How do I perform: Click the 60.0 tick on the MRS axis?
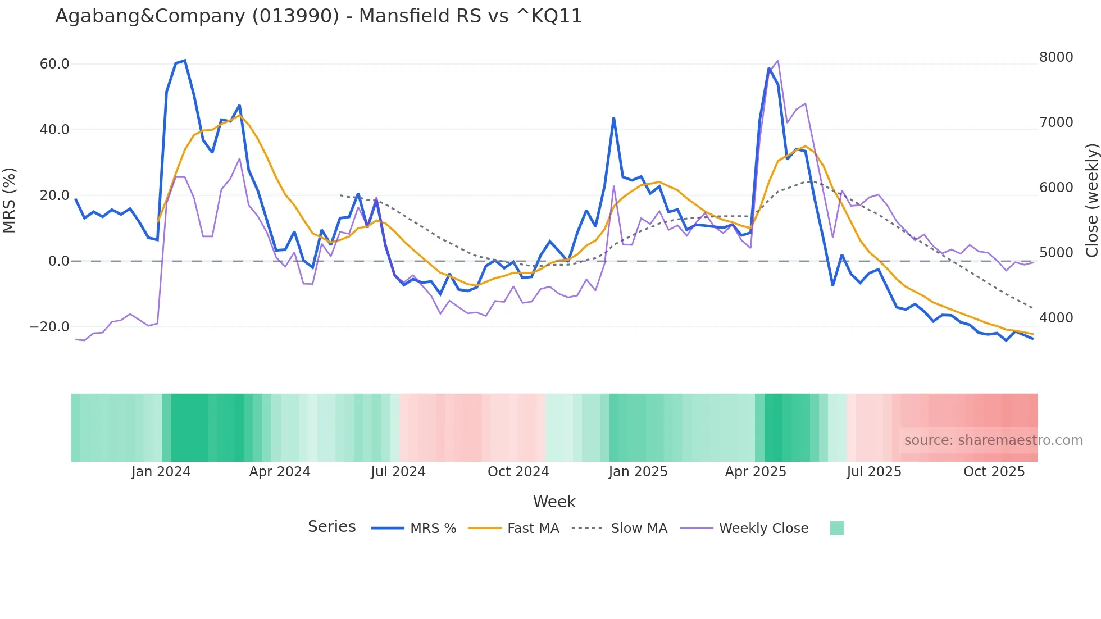click(54, 64)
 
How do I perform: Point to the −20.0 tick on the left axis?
click(50, 327)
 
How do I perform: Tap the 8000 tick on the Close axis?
click(1056, 57)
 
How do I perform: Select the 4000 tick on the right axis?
click(1056, 318)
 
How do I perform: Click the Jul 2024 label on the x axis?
click(398, 472)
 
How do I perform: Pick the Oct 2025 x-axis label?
click(994, 472)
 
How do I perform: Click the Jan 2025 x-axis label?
click(638, 472)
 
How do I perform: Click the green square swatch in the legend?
click(836, 528)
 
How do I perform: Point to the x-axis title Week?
click(554, 502)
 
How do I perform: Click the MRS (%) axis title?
click(10, 200)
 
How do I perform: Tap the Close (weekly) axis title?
click(1091, 200)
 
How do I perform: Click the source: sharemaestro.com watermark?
click(993, 440)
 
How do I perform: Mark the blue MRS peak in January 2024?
click(185, 61)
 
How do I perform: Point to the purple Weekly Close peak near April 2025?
click(777, 61)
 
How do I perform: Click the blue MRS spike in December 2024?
click(614, 119)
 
